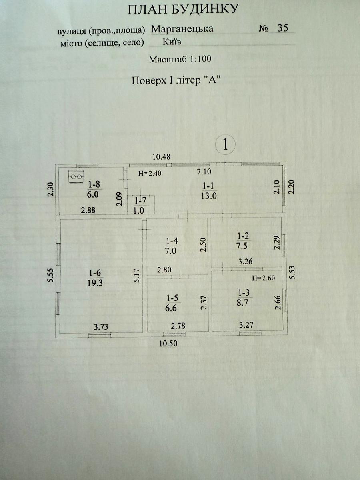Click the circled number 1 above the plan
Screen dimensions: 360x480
[x=225, y=144]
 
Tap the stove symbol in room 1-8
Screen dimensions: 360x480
[x=76, y=176]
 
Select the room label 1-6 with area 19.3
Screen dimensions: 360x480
[x=95, y=278]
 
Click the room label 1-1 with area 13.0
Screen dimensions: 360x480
[x=208, y=191]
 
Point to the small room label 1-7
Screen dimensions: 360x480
[x=140, y=205]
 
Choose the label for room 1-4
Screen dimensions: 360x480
[x=172, y=246]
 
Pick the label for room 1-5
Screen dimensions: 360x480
[x=172, y=303]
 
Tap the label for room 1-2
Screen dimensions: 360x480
[x=243, y=241]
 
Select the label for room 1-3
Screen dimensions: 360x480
[x=243, y=298]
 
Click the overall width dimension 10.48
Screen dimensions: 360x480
[x=161, y=157]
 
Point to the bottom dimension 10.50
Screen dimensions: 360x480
[x=168, y=343]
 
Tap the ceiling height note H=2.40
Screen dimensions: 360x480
[x=150, y=174]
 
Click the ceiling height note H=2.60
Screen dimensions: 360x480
[x=263, y=278]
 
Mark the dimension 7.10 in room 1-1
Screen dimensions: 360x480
[x=204, y=172]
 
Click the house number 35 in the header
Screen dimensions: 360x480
[x=283, y=28]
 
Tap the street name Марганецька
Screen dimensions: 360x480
[x=182, y=29]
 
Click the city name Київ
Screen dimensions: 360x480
[x=172, y=42]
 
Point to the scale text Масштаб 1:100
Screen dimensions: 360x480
[x=180, y=59]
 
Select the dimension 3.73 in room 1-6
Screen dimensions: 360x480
[x=101, y=327]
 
